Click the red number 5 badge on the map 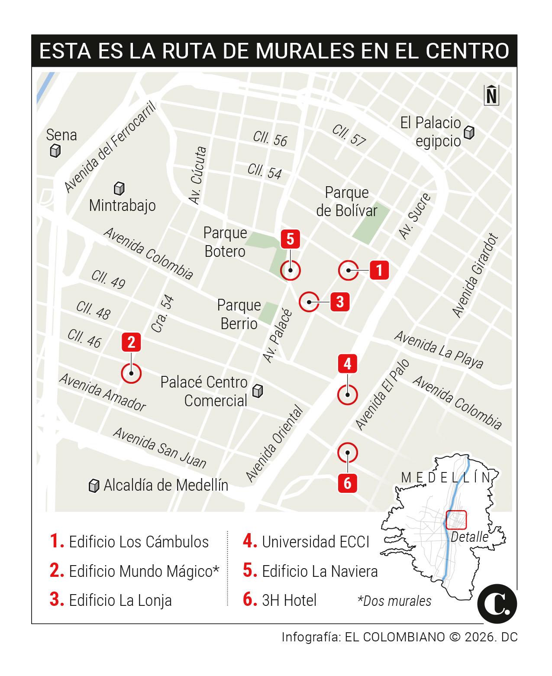click(x=290, y=239)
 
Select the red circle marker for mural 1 click(x=348, y=271)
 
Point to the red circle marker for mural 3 click(x=309, y=302)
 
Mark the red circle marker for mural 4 click(x=348, y=395)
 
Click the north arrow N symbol click(x=491, y=95)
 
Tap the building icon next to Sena click(x=55, y=151)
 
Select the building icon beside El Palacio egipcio click(x=468, y=132)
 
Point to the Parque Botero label click(x=225, y=242)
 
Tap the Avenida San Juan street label click(x=159, y=448)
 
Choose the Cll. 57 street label click(x=349, y=135)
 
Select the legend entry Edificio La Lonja click(x=120, y=600)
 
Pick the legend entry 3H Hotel click(x=289, y=600)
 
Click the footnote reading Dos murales click(x=395, y=601)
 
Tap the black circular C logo click(x=497, y=604)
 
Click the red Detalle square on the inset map click(x=456, y=520)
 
